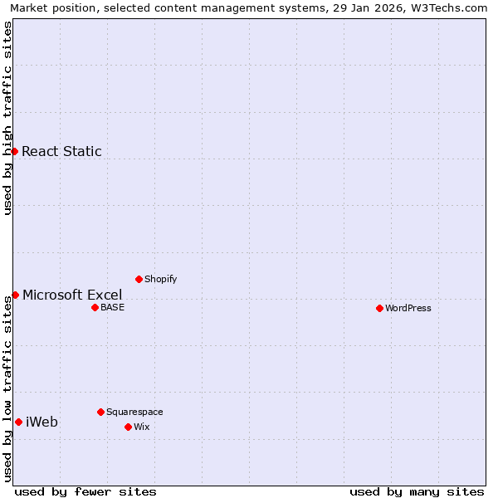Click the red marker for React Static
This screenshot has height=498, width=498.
coord(14,151)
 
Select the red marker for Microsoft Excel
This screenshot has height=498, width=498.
coord(15,295)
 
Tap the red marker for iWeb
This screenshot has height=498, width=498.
coord(18,422)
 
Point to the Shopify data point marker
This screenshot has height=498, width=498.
coord(139,279)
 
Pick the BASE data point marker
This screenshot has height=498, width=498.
coord(95,307)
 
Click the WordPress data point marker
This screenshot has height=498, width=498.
coord(379,308)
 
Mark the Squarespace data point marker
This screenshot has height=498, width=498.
coord(100,412)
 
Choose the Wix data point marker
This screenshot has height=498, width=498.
coord(128,427)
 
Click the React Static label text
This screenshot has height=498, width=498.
coord(61,151)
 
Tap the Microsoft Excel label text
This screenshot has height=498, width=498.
coord(72,295)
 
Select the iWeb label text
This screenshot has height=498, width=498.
coord(41,422)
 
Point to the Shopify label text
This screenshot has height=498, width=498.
coord(160,279)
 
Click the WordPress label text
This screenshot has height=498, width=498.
coord(408,308)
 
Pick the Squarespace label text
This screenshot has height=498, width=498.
coord(134,412)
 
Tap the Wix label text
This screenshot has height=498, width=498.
coord(142,427)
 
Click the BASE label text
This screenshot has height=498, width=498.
coord(112,307)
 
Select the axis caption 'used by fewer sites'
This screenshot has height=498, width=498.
coord(85,491)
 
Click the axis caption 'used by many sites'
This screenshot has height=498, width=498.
coord(417,491)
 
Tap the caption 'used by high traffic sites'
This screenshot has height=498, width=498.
coord(8,118)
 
